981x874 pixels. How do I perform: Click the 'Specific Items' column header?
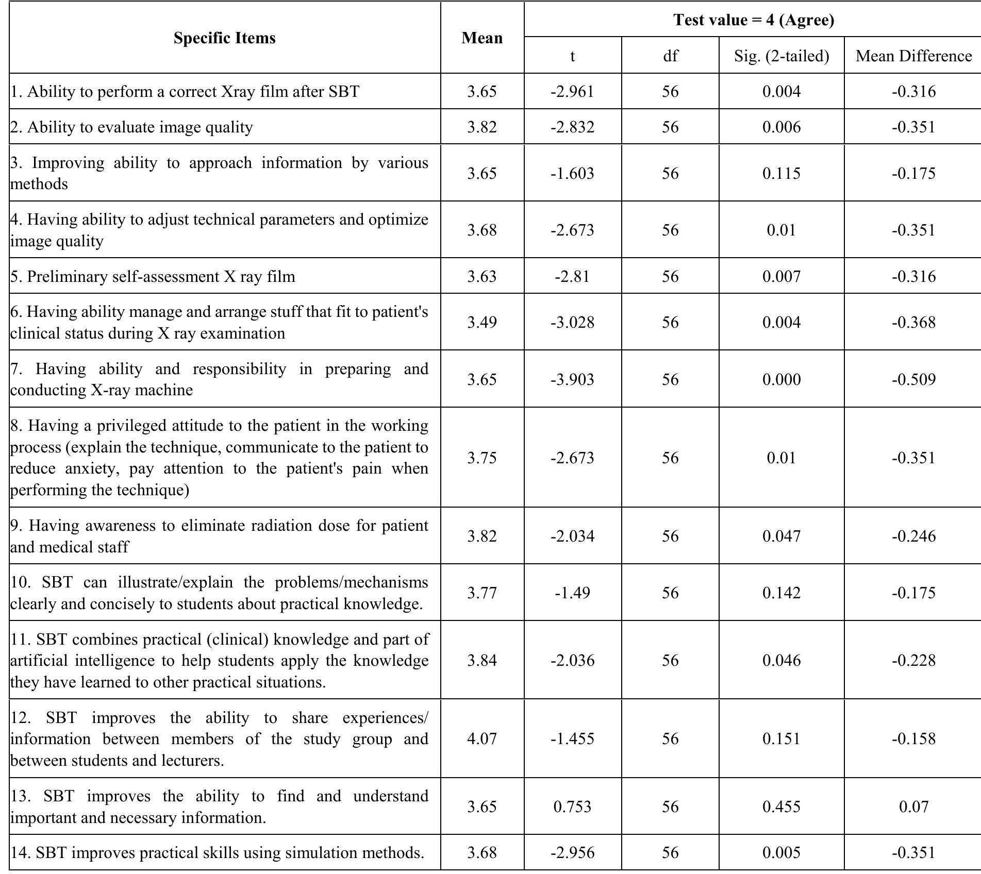(x=224, y=38)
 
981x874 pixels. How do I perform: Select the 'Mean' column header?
(x=482, y=38)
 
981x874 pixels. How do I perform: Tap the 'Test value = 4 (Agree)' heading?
(x=753, y=20)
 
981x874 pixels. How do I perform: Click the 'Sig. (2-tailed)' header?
(x=782, y=56)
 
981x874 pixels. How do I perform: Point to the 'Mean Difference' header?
(x=913, y=56)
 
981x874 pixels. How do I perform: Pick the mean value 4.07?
(x=482, y=738)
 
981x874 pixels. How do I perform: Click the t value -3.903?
(x=572, y=379)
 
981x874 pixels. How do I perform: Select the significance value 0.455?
(x=782, y=806)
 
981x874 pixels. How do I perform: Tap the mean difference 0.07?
(x=913, y=806)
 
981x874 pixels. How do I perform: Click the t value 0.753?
(x=572, y=806)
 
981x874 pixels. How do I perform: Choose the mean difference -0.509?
(x=913, y=379)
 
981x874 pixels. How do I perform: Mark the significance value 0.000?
(x=782, y=379)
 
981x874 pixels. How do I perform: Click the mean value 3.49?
(x=482, y=322)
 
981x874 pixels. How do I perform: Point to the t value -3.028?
(x=572, y=322)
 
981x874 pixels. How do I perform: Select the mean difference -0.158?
(x=913, y=738)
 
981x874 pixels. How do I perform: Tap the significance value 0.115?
(x=782, y=173)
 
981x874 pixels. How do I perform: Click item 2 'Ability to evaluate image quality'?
(x=132, y=127)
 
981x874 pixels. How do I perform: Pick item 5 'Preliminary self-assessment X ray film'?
(x=153, y=276)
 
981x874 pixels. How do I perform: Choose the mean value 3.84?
(x=482, y=660)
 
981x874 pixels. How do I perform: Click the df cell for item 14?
(x=670, y=852)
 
